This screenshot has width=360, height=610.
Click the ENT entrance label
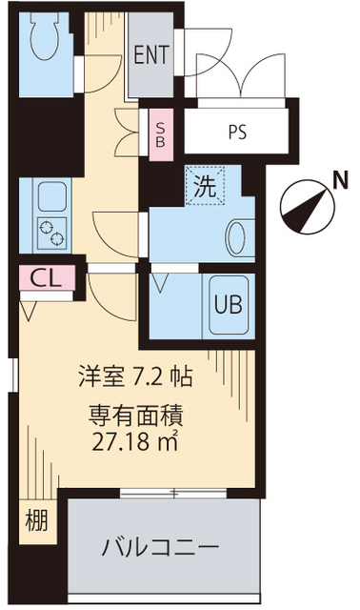150,55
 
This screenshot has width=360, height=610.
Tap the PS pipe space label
237,132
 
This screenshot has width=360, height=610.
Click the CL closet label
41,279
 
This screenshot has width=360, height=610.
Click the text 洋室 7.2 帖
135,376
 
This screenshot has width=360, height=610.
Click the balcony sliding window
173,493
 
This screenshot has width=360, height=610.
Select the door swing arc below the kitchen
110,300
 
